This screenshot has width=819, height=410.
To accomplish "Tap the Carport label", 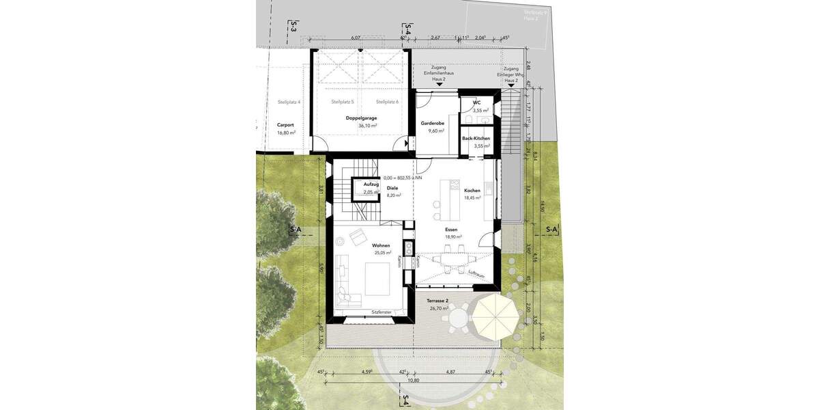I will (285, 125).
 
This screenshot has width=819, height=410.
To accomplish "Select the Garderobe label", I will (433, 123).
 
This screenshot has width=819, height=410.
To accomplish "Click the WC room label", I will (477, 102).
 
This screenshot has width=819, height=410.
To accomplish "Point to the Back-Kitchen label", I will (476, 138).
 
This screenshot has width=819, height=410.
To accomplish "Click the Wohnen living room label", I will (381, 245).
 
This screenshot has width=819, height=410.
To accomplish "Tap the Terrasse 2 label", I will (437, 301).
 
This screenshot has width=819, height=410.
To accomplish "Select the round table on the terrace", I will (460, 317).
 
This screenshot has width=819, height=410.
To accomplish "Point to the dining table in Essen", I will (453, 259).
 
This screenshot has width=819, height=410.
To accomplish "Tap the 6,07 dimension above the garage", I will (356, 38).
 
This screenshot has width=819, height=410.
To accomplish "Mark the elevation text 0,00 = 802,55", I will (403, 178).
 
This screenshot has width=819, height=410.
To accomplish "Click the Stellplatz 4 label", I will (289, 102).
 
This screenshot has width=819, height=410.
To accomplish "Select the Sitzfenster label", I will (382, 312).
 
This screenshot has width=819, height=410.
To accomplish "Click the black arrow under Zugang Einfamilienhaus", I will (439, 85).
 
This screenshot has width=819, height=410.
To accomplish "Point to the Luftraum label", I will (476, 275).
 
